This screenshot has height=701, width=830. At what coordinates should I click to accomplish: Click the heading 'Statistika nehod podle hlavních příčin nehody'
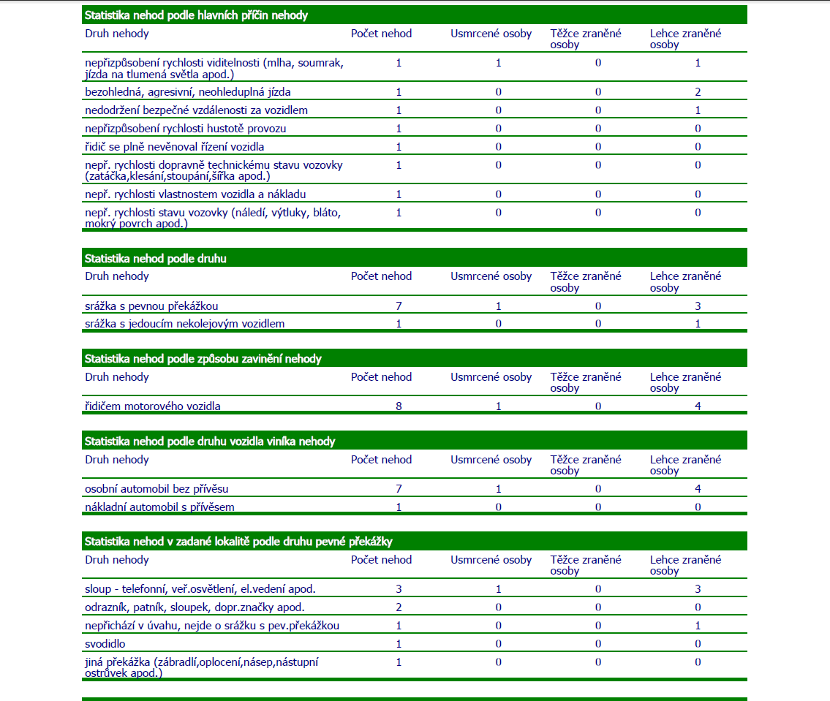pos(196,15)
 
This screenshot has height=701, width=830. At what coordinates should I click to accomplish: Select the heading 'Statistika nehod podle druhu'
pos(156,259)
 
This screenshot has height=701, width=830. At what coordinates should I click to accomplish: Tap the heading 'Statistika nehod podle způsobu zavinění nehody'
pos(203,359)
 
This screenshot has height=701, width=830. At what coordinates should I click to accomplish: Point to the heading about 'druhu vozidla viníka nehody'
pos(210,442)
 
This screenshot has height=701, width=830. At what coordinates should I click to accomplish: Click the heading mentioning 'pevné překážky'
pos(238,542)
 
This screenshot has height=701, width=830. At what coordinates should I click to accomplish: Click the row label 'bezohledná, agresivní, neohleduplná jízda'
pos(188,92)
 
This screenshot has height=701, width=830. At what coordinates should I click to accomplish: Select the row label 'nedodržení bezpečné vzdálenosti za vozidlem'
pos(196,110)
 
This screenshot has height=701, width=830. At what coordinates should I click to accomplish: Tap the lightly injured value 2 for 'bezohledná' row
pos(698,92)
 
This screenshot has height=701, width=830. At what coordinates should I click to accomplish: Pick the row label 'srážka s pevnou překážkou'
pos(151,306)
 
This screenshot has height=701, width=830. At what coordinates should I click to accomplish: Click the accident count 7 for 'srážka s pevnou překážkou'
pos(399,306)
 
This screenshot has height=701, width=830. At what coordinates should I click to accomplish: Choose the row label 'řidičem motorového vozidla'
pos(153,406)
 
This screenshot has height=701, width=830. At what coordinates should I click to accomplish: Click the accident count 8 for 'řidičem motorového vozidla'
pos(399,406)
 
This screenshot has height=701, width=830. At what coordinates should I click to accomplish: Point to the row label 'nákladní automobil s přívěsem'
pos(159,507)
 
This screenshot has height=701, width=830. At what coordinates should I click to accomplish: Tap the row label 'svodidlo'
pos(106,644)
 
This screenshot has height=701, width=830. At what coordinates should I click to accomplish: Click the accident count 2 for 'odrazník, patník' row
pos(399,607)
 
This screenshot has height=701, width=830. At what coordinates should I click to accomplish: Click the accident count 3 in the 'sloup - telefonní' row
pos(399,589)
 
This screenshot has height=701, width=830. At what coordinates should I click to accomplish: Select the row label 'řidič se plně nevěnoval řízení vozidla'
pos(174,147)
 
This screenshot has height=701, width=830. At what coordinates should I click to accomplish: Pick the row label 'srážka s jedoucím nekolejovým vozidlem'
pos(184,324)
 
